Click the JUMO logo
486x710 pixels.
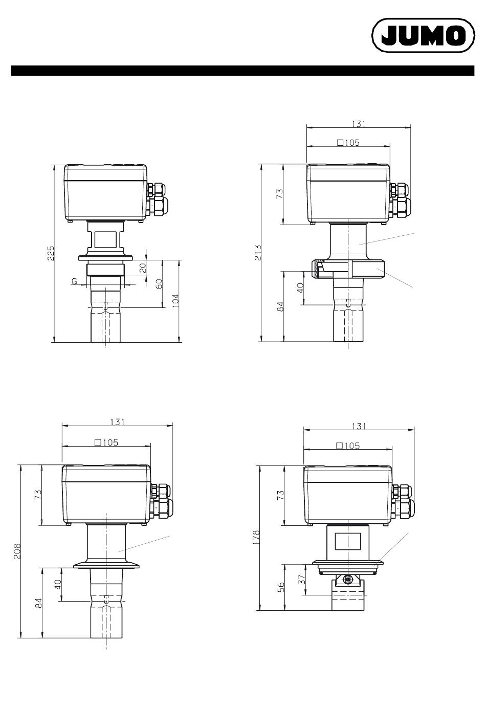tap(423, 35)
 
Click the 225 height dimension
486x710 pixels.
tap(51, 253)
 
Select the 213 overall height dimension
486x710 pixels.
tap(258, 253)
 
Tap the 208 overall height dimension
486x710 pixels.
tap(17, 551)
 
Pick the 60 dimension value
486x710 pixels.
tap(160, 284)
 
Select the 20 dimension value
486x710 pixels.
tap(143, 268)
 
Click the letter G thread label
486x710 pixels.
tap(74, 281)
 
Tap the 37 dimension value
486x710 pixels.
tap(303, 580)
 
